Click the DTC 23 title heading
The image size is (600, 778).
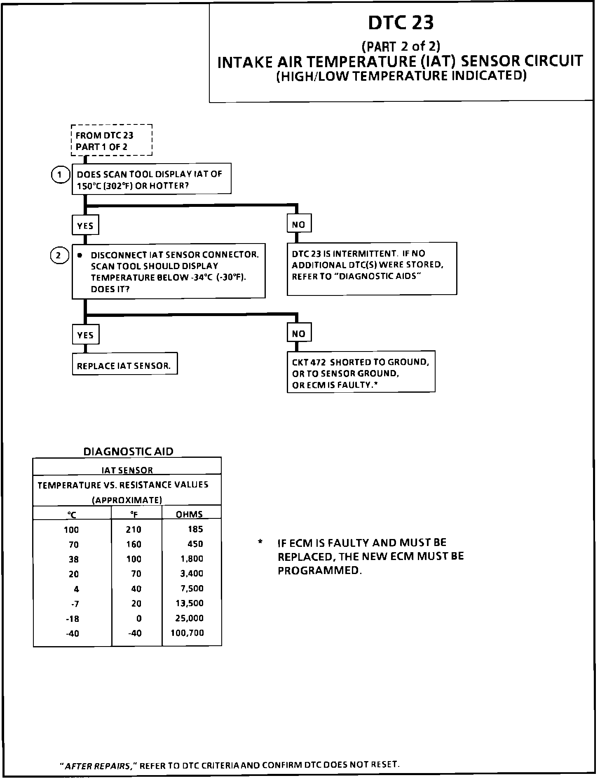401,23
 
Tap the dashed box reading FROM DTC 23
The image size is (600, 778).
111,141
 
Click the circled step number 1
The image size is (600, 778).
60,175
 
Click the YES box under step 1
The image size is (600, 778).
85,226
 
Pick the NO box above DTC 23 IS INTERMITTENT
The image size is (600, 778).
299,225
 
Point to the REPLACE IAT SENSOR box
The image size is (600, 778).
124,365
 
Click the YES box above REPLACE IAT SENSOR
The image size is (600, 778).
85,335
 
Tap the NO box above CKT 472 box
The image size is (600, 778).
299,333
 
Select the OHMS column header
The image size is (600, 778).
190,514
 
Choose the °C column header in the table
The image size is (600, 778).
72,514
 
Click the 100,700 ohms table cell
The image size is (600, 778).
187,633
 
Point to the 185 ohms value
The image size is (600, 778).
195,529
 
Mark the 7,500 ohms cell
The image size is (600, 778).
192,588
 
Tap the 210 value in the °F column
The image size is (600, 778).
134,530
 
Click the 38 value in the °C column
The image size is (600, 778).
74,559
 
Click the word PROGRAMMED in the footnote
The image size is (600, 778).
319,571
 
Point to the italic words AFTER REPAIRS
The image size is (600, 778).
98,766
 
